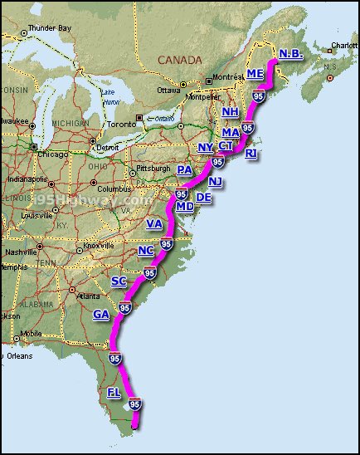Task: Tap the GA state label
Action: click(x=101, y=315)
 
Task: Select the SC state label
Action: click(x=119, y=281)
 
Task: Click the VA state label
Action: click(x=154, y=224)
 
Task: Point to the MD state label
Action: click(x=185, y=206)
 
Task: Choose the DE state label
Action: click(x=203, y=198)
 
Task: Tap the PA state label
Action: click(x=185, y=170)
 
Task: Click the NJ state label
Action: click(x=216, y=181)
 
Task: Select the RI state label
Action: click(x=252, y=154)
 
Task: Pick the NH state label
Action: click(x=231, y=112)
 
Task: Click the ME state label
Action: click(x=255, y=74)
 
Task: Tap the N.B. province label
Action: click(x=290, y=54)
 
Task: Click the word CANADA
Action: click(x=181, y=61)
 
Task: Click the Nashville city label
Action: click(x=22, y=252)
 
